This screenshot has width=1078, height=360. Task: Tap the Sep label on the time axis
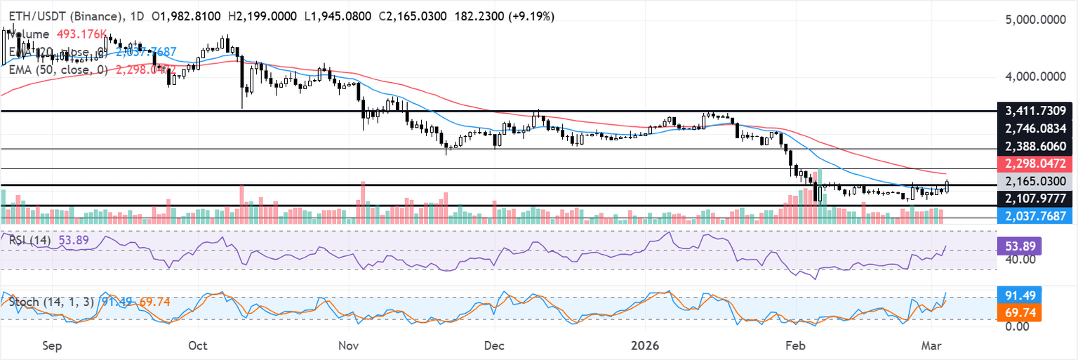(53, 345)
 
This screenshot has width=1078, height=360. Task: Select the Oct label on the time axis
(198, 345)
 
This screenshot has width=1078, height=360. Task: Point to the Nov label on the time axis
(348, 345)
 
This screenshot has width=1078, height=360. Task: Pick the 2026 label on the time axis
(646, 345)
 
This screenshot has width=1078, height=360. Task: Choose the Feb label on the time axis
(794, 345)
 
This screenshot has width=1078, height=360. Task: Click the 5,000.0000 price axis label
(1036, 21)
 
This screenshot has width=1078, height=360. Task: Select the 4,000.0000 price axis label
(1036, 76)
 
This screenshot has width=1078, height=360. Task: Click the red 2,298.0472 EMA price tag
(1035, 164)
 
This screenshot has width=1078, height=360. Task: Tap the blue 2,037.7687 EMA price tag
(1035, 215)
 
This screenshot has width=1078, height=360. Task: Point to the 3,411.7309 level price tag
(1035, 111)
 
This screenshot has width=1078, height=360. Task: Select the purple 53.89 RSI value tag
(1019, 246)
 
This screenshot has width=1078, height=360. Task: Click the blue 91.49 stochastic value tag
(1019, 294)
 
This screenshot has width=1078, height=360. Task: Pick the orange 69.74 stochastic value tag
(1019, 312)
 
